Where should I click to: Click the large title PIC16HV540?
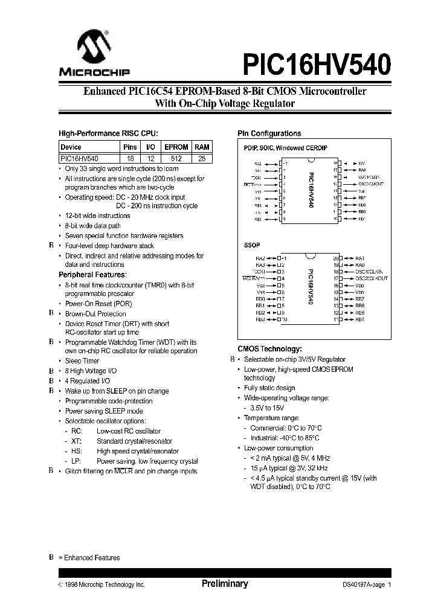pyautogui.click(x=317, y=62)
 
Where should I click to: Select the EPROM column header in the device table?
pyautogui.click(x=176, y=147)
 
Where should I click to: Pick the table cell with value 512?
pyautogui.click(x=176, y=158)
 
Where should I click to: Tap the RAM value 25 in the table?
pyautogui.click(x=202, y=158)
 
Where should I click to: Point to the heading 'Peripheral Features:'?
pyautogui.click(x=92, y=275)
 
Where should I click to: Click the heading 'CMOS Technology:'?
pyautogui.click(x=269, y=348)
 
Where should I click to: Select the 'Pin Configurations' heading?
pyautogui.click(x=269, y=133)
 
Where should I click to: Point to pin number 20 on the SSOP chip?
pyautogui.click(x=336, y=258)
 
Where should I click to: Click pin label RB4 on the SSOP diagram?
pyautogui.click(x=360, y=319)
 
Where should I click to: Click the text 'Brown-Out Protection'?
pyautogui.click(x=95, y=314)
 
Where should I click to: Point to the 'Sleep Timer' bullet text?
pyautogui.click(x=82, y=360)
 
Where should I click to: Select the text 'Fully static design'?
pyautogui.click(x=269, y=388)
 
